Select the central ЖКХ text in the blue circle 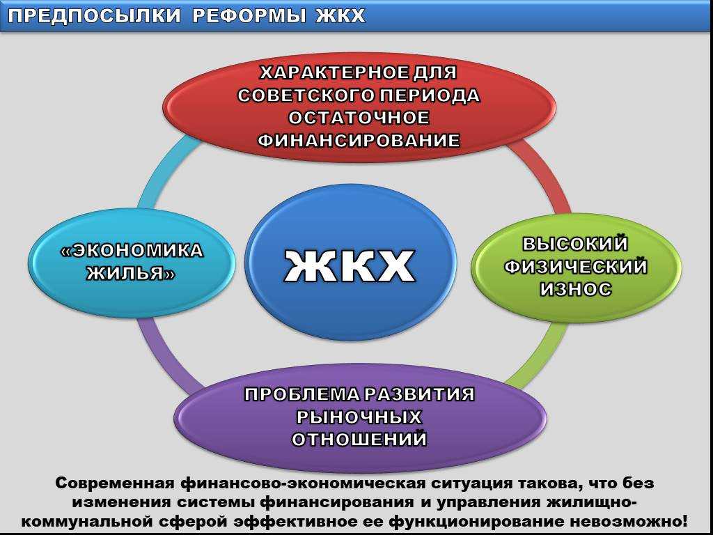[350, 265]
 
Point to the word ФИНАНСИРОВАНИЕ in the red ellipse [359, 140]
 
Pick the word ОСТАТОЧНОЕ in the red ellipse [359, 117]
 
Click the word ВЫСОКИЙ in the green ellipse [574, 244]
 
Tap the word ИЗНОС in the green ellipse [575, 289]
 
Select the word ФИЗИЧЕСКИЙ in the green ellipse [575, 267]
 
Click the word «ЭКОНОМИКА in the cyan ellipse [132, 251]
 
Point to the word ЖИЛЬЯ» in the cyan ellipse [132, 273]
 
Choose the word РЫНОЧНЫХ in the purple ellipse [359, 417]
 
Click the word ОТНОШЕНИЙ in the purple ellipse [359, 440]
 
